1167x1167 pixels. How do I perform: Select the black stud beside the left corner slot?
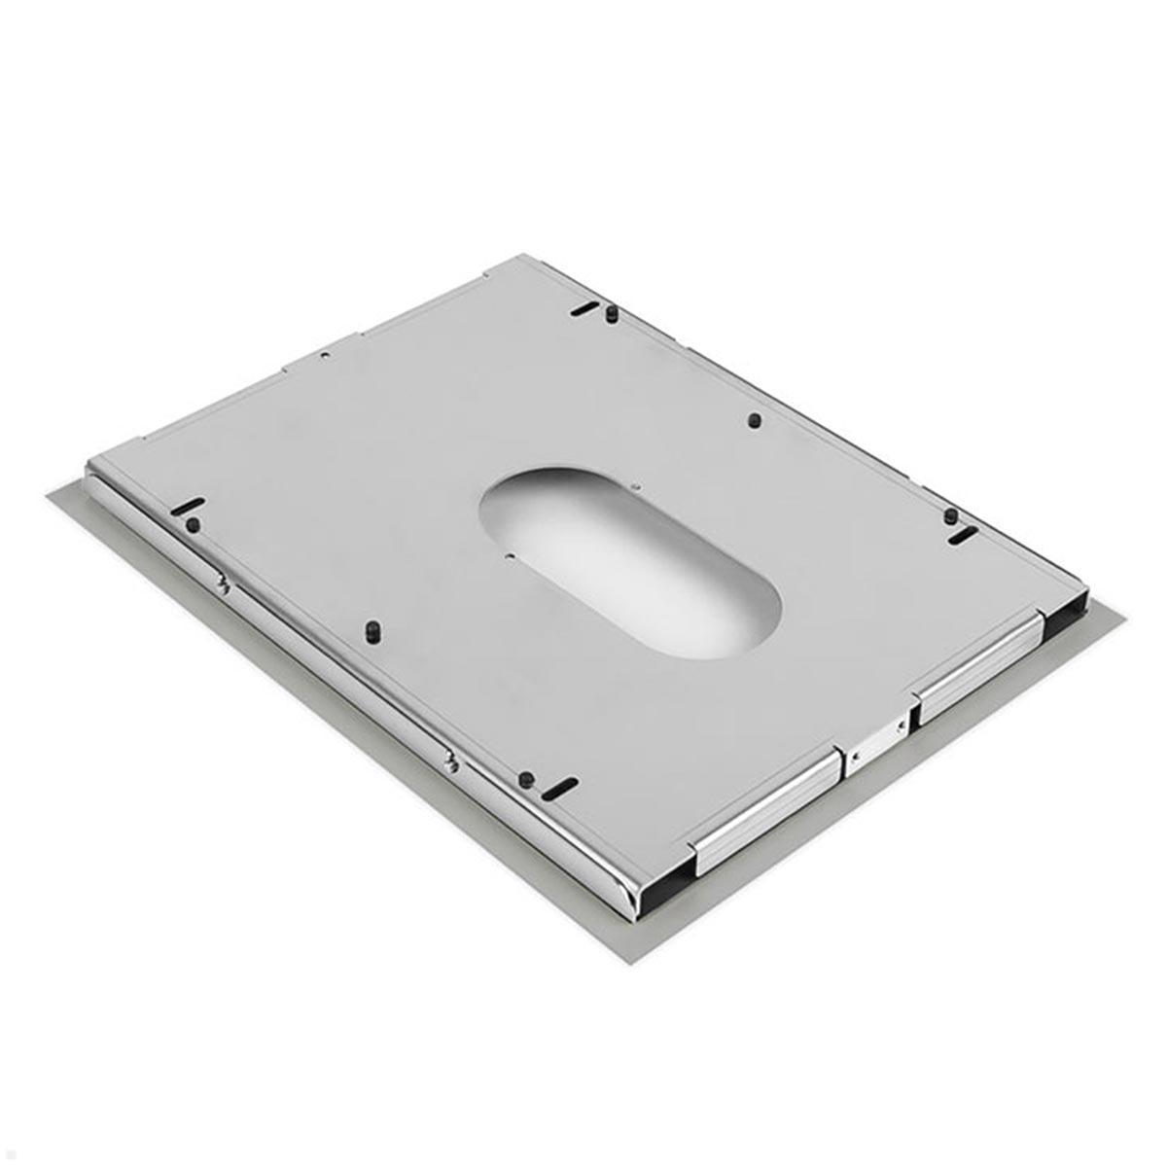(x=192, y=523)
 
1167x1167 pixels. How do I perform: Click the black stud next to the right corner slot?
(x=951, y=514)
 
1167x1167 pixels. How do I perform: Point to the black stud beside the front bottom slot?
(x=525, y=778)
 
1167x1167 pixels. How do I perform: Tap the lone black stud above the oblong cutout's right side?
(x=754, y=421)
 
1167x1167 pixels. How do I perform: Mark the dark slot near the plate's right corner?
(x=963, y=534)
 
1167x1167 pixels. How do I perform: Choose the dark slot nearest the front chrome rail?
(x=559, y=789)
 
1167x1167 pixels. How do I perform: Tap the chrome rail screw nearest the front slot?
(x=450, y=764)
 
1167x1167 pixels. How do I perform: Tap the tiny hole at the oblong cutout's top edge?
(x=634, y=488)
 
